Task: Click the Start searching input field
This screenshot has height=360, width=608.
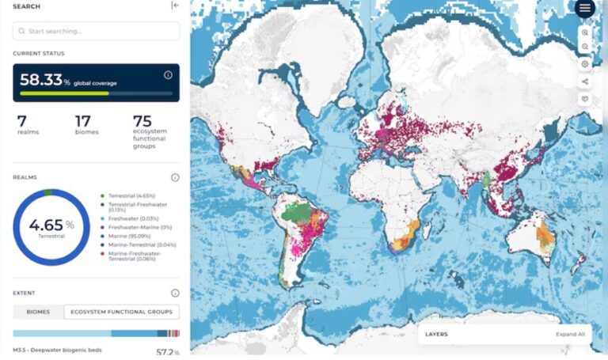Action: tap(96, 31)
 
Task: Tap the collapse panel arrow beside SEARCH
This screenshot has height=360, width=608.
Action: tap(175, 6)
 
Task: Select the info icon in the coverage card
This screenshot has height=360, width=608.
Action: tap(168, 75)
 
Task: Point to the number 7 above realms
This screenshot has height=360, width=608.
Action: tap(22, 120)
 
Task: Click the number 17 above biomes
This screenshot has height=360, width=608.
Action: tap(82, 120)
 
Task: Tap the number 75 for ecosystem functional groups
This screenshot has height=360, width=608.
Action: tap(142, 120)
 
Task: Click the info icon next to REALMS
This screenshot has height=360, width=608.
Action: tap(175, 178)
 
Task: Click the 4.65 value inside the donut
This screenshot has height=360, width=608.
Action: tap(45, 224)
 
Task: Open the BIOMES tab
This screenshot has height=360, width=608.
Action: tap(38, 312)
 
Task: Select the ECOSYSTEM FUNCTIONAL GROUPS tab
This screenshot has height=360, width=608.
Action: tap(122, 312)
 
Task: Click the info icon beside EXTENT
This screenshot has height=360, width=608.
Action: tap(175, 293)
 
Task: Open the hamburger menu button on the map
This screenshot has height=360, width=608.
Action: tap(585, 9)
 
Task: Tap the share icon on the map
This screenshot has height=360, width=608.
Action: tap(585, 81)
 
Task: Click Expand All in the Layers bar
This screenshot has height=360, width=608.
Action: tap(570, 334)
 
